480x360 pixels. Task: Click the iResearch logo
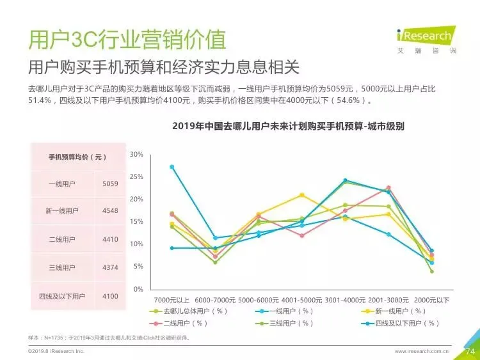pyautogui.click(x=426, y=40)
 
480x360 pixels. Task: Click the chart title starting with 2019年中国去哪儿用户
pyautogui.click(x=288, y=126)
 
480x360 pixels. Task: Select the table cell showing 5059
pyautogui.click(x=110, y=184)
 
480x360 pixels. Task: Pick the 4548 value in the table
pyautogui.click(x=110, y=211)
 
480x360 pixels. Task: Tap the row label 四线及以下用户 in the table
pyautogui.click(x=62, y=297)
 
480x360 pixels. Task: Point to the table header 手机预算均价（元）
pyautogui.click(x=77, y=157)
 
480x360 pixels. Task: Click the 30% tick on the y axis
pyautogui.click(x=136, y=155)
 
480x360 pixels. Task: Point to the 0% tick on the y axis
pyautogui.click(x=138, y=289)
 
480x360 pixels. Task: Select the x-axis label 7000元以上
pyautogui.click(x=172, y=301)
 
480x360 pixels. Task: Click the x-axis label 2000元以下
pyautogui.click(x=431, y=301)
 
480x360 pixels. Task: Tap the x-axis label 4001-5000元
pyautogui.click(x=301, y=301)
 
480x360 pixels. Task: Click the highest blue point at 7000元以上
pyautogui.click(x=172, y=167)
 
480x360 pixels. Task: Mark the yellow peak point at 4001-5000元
pyautogui.click(x=302, y=195)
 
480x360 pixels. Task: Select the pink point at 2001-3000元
pyautogui.click(x=388, y=188)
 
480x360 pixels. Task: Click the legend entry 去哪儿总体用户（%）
pyautogui.click(x=189, y=311)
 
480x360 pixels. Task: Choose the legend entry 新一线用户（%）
pyautogui.click(x=394, y=311)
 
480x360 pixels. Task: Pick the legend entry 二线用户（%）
pyautogui.click(x=179, y=324)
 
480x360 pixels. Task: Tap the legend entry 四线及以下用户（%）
pyautogui.click(x=401, y=324)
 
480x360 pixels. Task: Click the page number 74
pyautogui.click(x=470, y=352)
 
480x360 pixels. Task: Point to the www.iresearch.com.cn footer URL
pyautogui.click(x=422, y=352)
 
